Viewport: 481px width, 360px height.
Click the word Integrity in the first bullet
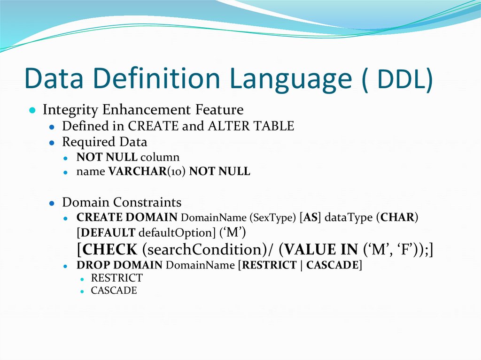[x=70, y=110]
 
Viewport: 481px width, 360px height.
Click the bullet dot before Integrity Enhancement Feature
[x=32, y=111]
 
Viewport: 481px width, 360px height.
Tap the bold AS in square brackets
[x=310, y=218]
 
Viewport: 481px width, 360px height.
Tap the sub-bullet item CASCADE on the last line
[x=114, y=291]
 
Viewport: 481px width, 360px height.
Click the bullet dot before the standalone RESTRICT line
[x=82, y=279]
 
